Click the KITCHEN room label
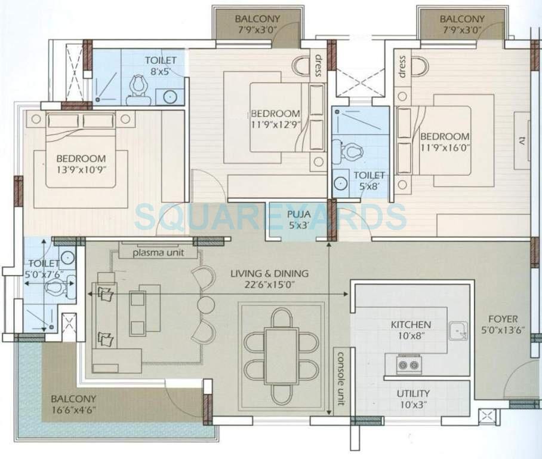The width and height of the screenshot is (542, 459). tap(411, 325)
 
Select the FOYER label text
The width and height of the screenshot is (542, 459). tap(503, 319)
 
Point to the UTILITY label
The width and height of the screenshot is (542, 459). tap(412, 394)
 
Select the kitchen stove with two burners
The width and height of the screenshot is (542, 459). tap(407, 363)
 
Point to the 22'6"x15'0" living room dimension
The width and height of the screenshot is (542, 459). tap(270, 285)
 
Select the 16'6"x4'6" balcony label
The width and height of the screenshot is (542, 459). tap(73, 410)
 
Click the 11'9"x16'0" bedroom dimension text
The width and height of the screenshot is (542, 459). tap(444, 147)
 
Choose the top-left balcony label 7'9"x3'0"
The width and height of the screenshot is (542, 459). tap(258, 29)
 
